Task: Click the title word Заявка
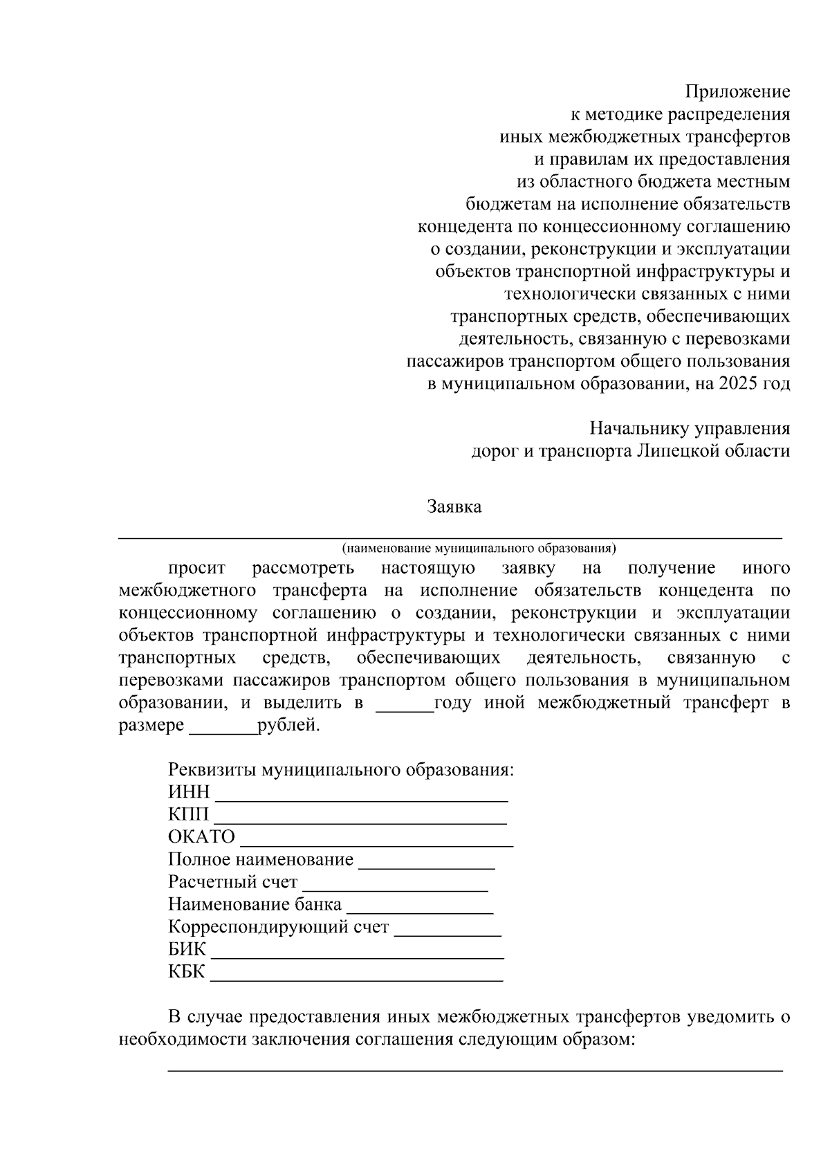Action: click(x=454, y=506)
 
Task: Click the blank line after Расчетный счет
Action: click(x=396, y=888)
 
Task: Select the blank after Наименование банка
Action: click(x=420, y=910)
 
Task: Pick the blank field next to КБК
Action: click(x=356, y=978)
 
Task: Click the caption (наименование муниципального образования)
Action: click(x=479, y=549)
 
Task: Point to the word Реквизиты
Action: click(x=211, y=770)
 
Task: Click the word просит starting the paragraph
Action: click(x=197, y=569)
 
